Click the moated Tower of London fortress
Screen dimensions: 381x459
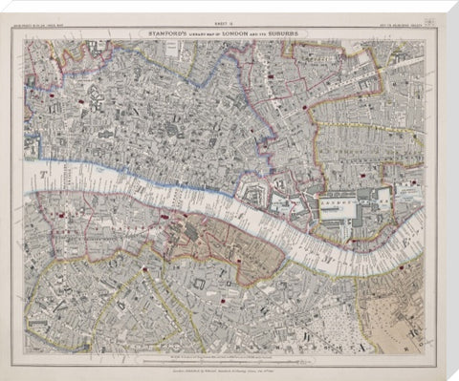[283, 201]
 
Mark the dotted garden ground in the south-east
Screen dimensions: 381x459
[354, 306]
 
